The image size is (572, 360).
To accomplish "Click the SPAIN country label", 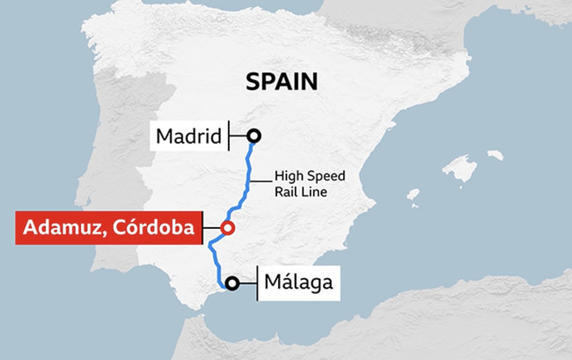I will click(282, 82).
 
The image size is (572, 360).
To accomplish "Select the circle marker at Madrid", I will click(254, 136).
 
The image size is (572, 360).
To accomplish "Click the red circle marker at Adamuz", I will click(227, 228).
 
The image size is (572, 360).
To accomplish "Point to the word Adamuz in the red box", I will click(64, 228).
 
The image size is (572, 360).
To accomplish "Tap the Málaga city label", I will click(299, 283).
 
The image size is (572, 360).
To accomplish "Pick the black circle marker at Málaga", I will click(231, 283).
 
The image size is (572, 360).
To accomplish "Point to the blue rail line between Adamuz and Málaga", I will click(212, 260).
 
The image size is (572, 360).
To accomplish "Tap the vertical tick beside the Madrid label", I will click(228, 136).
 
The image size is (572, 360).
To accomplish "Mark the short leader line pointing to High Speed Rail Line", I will click(256, 181).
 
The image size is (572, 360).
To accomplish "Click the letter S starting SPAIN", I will click(253, 82).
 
